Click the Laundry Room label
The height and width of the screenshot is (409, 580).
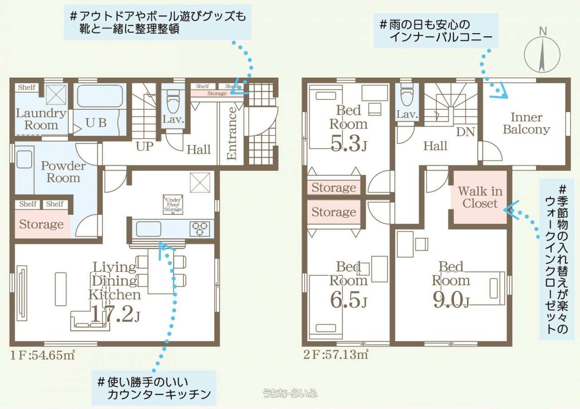click(41, 119)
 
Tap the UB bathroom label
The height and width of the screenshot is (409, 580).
click(96, 123)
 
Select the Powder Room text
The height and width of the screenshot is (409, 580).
click(63, 172)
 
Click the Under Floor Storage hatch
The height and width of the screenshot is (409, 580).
click(173, 205)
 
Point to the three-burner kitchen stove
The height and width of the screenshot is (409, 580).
click(200, 229)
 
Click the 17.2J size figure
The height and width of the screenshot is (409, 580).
click(115, 314)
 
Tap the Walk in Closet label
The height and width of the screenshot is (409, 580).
click(480, 197)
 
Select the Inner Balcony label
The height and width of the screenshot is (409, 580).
click(527, 123)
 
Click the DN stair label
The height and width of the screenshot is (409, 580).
click(465, 132)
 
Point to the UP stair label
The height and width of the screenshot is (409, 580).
click(145, 147)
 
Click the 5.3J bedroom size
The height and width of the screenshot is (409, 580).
click(349, 143)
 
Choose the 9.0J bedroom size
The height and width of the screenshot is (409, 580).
click(451, 299)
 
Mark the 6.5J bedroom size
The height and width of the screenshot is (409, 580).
click(348, 299)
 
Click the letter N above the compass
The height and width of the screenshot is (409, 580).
click(543, 31)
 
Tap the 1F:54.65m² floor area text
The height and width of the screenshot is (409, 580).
click(43, 355)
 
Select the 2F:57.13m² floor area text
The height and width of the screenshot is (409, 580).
click(336, 355)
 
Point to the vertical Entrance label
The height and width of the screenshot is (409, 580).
click(232, 133)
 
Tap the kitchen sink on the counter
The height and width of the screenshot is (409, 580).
click(149, 229)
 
